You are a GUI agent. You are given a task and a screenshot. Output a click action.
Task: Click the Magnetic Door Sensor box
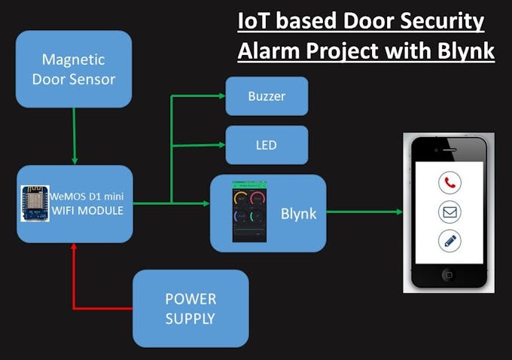74,69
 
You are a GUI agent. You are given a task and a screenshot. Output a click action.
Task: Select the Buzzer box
267,96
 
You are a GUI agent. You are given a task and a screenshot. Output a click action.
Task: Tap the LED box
267,145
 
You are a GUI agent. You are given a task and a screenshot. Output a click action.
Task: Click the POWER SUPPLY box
190,308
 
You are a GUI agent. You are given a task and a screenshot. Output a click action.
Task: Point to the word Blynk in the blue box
298,214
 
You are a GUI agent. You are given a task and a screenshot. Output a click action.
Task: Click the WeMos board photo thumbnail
35,203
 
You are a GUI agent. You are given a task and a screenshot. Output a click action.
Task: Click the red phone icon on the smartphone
450,183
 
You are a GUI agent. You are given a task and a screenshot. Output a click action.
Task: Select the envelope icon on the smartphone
450,212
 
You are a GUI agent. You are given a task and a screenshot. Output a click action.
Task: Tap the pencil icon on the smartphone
450,240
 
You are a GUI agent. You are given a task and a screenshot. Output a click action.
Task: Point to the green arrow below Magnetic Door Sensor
74,136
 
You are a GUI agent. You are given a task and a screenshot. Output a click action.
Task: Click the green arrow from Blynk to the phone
364,212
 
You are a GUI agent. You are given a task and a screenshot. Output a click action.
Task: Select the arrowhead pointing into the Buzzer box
221,96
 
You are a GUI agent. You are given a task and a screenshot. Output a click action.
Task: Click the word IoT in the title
252,22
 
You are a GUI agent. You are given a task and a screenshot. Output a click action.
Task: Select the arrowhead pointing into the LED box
221,145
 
